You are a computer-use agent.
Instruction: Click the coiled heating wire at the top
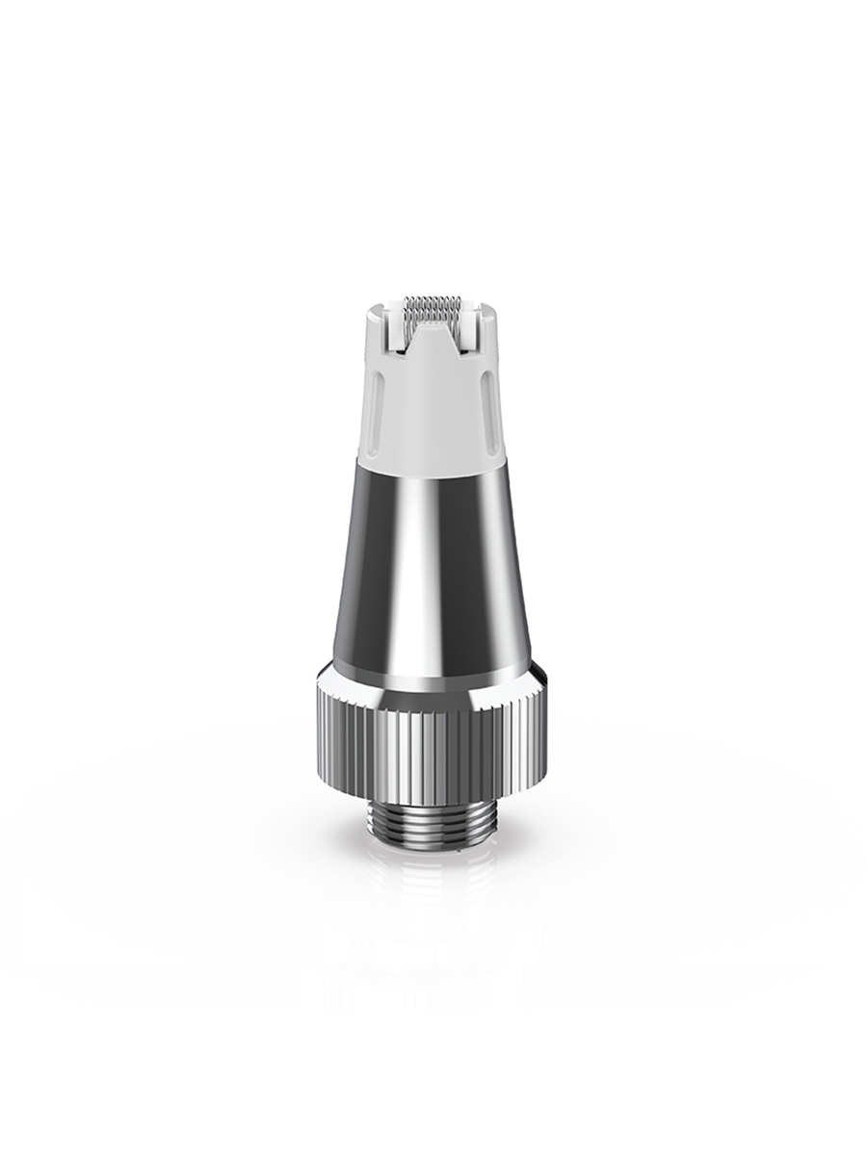tap(433, 309)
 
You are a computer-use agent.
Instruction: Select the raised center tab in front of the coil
tap(433, 337)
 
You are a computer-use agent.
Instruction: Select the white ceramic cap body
tap(433, 414)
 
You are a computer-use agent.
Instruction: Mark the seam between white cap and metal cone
tap(433, 460)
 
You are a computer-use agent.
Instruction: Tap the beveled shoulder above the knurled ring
tap(433, 676)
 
